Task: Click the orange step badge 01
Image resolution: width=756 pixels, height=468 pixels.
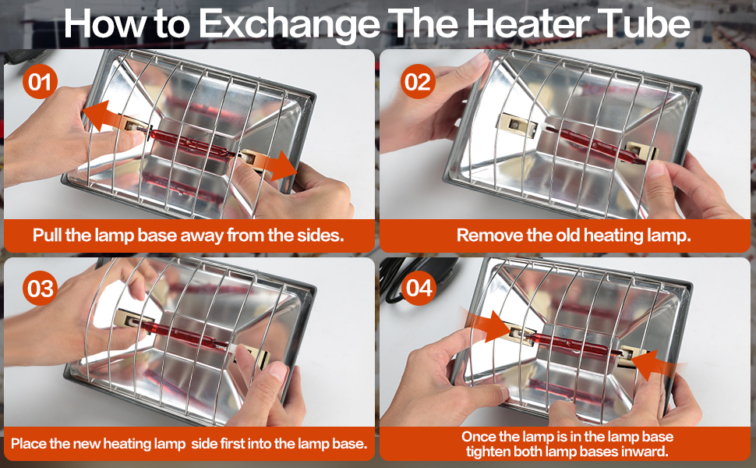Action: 40,82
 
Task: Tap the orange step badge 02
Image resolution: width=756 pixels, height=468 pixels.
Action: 418,82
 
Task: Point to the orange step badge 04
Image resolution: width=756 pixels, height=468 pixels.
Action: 418,288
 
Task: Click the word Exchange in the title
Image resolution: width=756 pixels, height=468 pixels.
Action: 290,24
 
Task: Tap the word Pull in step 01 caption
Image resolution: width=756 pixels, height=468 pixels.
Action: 48,235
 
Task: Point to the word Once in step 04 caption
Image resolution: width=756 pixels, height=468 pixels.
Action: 478,437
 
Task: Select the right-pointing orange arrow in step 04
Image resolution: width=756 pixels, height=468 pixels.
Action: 487,326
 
